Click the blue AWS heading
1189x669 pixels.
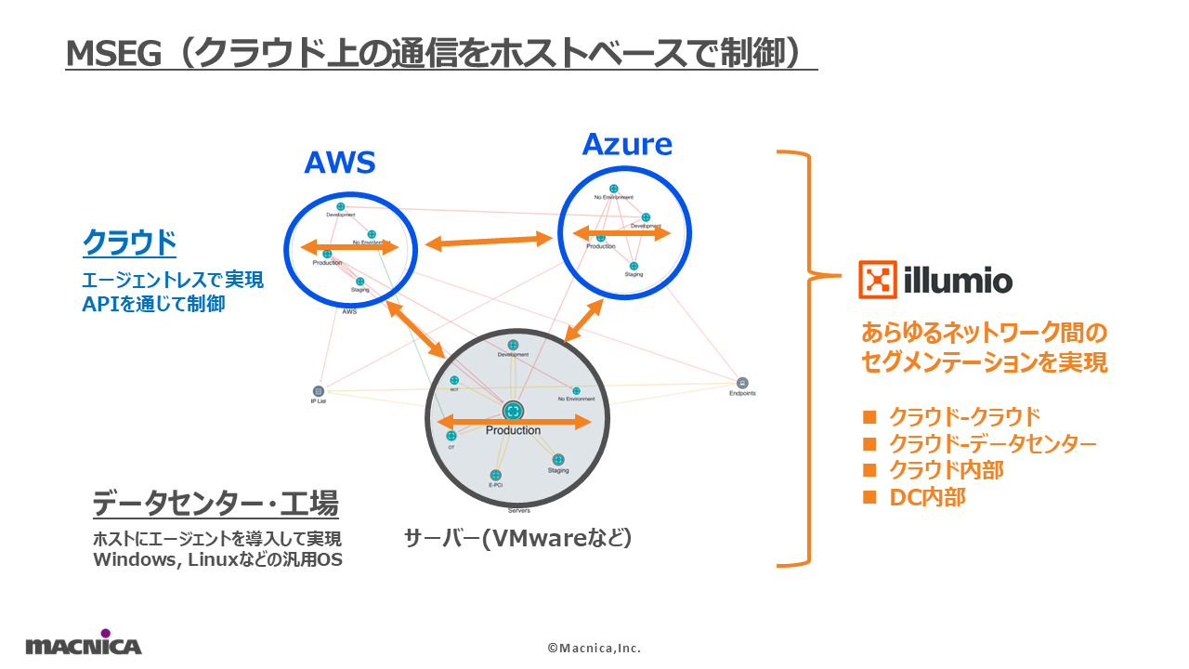tap(339, 164)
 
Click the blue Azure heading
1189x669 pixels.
tap(627, 144)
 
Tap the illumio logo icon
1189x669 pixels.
tap(877, 280)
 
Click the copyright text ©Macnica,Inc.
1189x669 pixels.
tap(594, 648)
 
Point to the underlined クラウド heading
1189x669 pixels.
tap(129, 243)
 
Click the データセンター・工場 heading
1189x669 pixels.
tap(216, 505)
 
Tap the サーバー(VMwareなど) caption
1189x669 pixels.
tap(518, 538)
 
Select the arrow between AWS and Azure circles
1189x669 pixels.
tap(488, 242)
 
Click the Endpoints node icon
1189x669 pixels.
tap(742, 383)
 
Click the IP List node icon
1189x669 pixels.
tap(319, 391)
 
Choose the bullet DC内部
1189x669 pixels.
tap(927, 497)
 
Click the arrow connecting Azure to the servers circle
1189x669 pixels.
tap(585, 321)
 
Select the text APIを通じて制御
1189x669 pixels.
tap(153, 303)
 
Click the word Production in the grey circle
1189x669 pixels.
tap(513, 430)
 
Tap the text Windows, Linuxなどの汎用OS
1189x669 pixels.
tap(217, 559)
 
